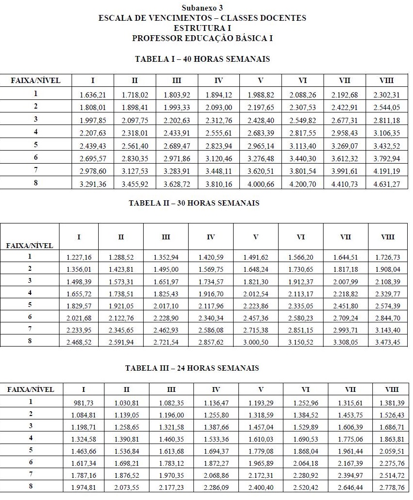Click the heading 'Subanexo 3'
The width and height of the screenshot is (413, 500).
(x=202, y=8)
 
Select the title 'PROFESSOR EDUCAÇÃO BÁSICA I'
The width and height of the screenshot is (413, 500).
(x=202, y=38)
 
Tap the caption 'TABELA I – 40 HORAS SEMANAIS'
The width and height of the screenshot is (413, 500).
(x=202, y=59)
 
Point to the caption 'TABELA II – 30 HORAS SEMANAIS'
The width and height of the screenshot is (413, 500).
(x=194, y=203)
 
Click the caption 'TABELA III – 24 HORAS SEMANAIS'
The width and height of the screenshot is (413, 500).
(x=192, y=368)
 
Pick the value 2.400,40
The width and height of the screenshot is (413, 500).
(x=261, y=487)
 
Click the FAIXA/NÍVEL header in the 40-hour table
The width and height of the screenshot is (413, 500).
(x=36, y=81)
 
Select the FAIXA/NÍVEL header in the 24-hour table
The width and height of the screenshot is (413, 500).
(x=32, y=389)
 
